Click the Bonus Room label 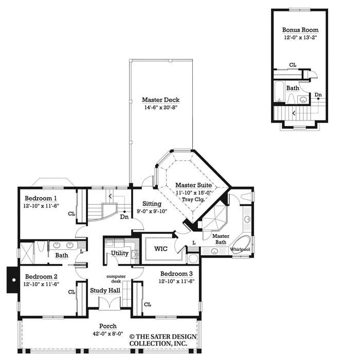point(300,30)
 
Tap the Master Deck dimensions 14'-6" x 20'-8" point(161,108)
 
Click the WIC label point(161,249)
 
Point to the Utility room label point(119,253)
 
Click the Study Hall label point(105,291)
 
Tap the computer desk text point(116,279)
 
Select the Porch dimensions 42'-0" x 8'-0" point(108,334)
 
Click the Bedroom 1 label point(41,198)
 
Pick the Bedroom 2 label point(41,276)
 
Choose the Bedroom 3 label point(176,274)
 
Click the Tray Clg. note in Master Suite point(193,199)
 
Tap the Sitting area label point(152,204)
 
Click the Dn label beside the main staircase point(124,217)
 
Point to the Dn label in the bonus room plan point(318,95)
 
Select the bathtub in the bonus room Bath point(279,92)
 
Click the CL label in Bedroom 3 point(148,305)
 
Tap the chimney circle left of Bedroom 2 point(14,280)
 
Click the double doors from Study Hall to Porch point(110,303)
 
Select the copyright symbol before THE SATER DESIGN point(132,337)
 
